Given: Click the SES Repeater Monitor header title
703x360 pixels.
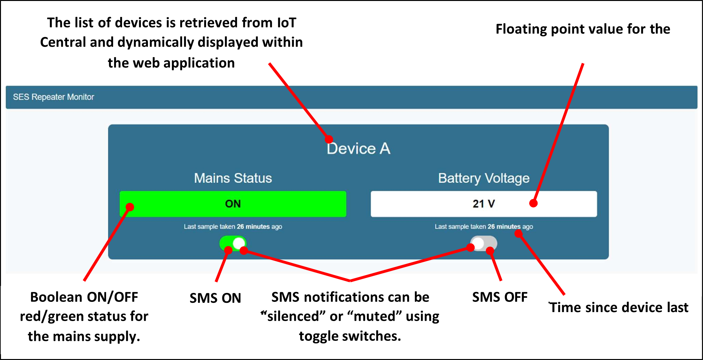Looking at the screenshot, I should (53, 97).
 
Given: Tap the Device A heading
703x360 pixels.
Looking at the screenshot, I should (358, 149).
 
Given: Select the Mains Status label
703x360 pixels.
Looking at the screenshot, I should (233, 178).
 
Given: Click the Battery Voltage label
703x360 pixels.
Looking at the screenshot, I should (484, 178).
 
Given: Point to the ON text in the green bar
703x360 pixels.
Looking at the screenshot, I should (233, 204).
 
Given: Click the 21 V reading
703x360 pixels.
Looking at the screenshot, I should (484, 204).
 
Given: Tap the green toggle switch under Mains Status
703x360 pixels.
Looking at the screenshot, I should (233, 243).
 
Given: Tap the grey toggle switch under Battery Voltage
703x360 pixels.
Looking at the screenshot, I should (484, 243).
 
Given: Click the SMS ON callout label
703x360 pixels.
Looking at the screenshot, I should (215, 298).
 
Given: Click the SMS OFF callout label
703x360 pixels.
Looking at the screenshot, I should (500, 297).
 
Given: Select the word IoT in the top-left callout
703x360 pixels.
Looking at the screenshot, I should (287, 23).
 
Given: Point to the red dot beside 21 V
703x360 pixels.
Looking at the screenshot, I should (533, 203).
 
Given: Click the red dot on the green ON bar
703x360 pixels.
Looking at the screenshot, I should (130, 207).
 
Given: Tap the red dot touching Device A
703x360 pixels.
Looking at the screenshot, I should (329, 139).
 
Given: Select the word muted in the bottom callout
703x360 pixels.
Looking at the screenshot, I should (374, 317).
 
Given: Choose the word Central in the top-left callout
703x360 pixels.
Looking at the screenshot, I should (63, 42).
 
